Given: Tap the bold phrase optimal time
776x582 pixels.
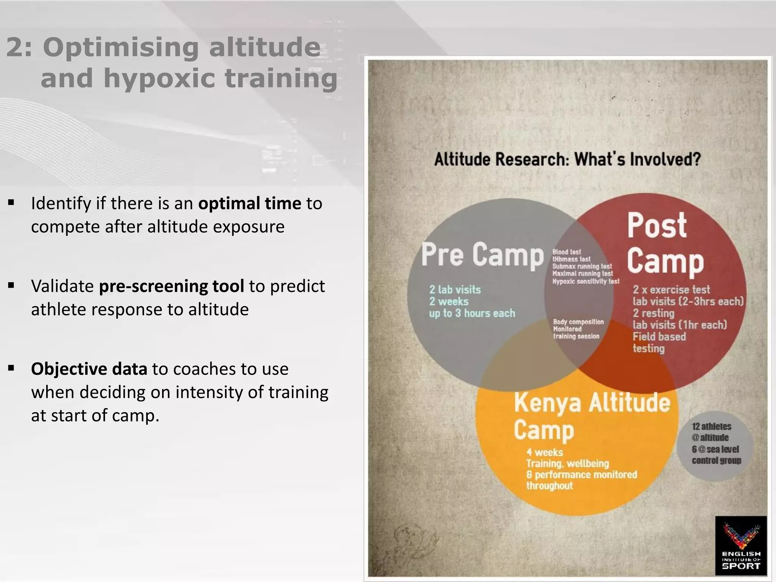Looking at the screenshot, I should pyautogui.click(x=249, y=203).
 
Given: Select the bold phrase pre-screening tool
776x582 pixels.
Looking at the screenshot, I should pyautogui.click(x=171, y=286).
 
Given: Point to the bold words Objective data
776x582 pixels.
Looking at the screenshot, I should pyautogui.click(x=89, y=369).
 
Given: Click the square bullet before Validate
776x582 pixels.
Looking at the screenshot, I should pyautogui.click(x=11, y=285).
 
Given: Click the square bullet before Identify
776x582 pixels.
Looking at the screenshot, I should pyautogui.click(x=11, y=203).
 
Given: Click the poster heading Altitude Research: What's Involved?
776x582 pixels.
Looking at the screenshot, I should pyautogui.click(x=567, y=159).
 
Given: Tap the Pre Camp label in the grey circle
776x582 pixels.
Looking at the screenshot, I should pyautogui.click(x=482, y=255).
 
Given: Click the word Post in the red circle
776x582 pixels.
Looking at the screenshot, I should pyautogui.click(x=657, y=225).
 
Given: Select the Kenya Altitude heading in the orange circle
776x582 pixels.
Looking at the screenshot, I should pyautogui.click(x=592, y=403).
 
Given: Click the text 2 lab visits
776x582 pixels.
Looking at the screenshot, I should pyautogui.click(x=455, y=290).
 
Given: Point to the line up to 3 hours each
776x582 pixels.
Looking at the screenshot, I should pyautogui.click(x=472, y=313).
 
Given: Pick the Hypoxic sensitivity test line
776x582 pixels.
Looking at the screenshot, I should pyautogui.click(x=585, y=282).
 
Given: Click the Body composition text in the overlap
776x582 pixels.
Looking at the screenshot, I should pyautogui.click(x=578, y=322).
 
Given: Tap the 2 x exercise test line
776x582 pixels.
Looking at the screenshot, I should pyautogui.click(x=671, y=290).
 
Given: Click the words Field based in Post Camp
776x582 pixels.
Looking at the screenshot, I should pyautogui.click(x=659, y=337).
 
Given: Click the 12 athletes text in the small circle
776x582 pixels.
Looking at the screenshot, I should pyautogui.click(x=711, y=427).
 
